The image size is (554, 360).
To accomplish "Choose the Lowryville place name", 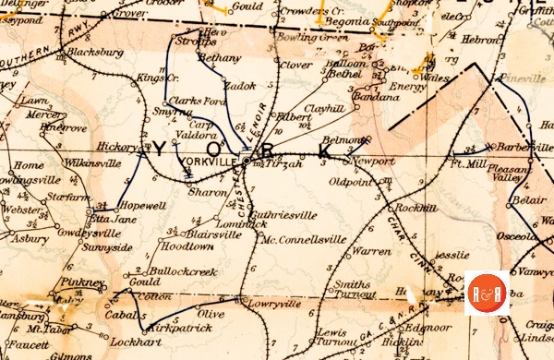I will pyautogui.click(x=275, y=302).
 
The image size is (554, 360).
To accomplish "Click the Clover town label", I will pyautogui.click(x=295, y=66).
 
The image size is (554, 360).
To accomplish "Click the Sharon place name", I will pyautogui.click(x=206, y=193).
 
